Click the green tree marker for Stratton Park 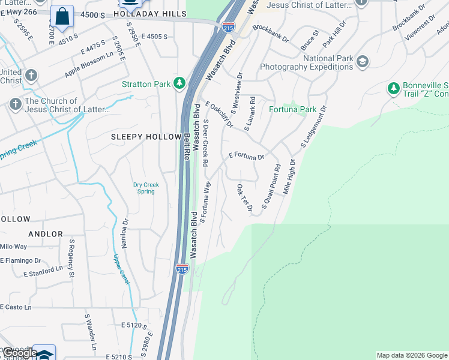tap(179, 83)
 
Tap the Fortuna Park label tap(292, 110)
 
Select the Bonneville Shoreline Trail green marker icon tap(393, 88)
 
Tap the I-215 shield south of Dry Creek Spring tap(182, 269)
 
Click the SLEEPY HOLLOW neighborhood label tap(146, 137)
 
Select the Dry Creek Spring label tap(146, 188)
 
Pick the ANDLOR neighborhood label tap(45, 234)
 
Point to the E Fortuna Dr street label tap(247, 156)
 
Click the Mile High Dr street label tap(289, 176)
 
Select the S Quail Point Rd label tap(271, 186)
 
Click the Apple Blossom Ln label tap(89, 65)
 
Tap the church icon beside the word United tap(31, 76)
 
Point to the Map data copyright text tap(412, 355)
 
